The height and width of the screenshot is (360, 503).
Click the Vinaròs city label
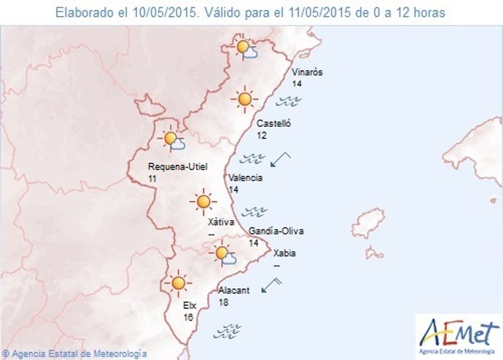(306, 72)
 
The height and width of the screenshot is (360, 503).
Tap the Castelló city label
(273, 124)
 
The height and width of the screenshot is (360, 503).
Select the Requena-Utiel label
(177, 166)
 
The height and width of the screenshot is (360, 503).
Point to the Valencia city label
(245, 178)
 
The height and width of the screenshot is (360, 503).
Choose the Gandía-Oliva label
(276, 231)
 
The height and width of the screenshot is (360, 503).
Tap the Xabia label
(284, 254)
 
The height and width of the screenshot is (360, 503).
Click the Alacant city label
(234, 290)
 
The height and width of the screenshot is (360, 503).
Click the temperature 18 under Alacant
(223, 302)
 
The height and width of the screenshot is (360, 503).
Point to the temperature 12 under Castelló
(262, 136)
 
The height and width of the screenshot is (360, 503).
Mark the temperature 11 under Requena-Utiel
(152, 178)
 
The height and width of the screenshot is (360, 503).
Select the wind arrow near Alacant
(271, 284)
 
